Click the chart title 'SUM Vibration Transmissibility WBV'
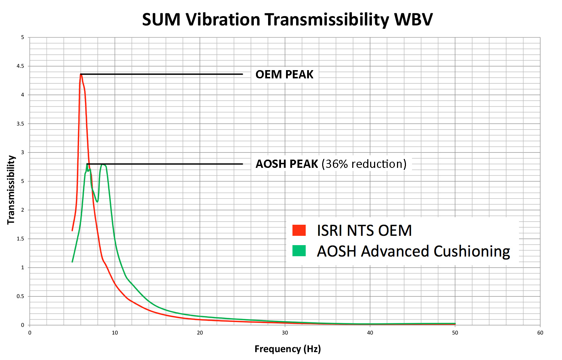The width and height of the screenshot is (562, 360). pos(287,20)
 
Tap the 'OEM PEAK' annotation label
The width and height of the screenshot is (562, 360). pos(284,74)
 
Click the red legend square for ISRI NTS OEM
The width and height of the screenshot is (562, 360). pos(299,230)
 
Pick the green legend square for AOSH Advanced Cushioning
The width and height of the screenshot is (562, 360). pos(299,251)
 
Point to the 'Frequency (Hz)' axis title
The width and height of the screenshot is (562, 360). pos(287,349)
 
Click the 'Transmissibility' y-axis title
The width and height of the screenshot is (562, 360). pos(11,190)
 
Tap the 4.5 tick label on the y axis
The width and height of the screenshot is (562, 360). pos(20,66)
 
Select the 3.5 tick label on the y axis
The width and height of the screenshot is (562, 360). pos(20,124)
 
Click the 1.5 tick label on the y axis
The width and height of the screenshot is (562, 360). pos(20,239)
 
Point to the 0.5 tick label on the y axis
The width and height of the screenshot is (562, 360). pos(20,296)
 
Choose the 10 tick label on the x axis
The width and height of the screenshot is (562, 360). pos(115,333)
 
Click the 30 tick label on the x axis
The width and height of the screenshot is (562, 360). pos(285,333)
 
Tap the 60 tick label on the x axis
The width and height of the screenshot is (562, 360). pos(540,333)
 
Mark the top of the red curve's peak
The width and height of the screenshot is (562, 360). pos(81,74)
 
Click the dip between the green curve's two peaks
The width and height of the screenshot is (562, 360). pos(97,202)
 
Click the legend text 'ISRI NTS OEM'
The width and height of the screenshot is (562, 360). pos(364,230)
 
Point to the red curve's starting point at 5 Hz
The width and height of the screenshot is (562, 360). pos(72,230)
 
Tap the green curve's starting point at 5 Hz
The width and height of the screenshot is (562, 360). pos(72,262)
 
